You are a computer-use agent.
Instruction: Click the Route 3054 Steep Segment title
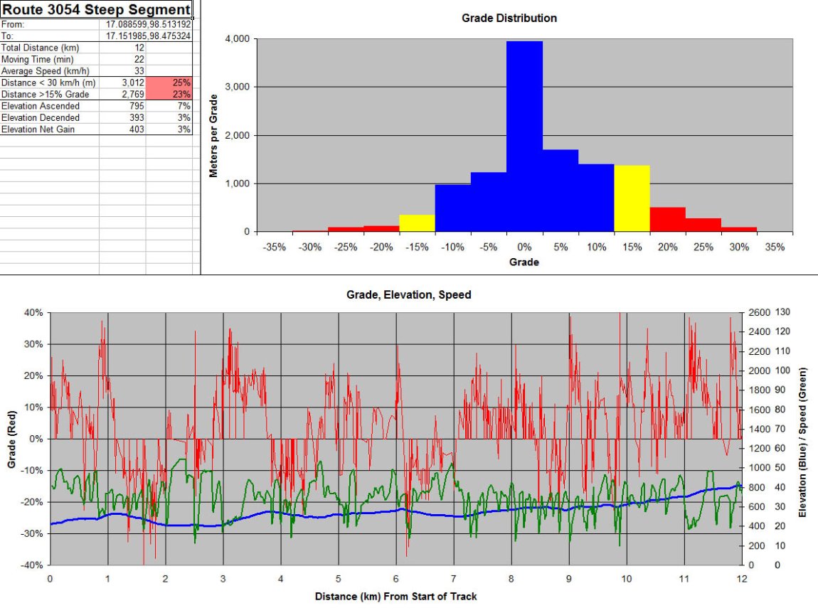tap(97, 9)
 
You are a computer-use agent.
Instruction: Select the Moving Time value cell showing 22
tap(139, 60)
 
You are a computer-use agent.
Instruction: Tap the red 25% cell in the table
tap(169, 82)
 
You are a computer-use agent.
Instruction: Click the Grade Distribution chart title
tap(509, 18)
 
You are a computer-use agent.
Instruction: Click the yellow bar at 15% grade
tap(632, 198)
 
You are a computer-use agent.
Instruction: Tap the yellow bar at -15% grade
tap(417, 223)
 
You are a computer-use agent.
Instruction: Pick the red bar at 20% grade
tap(667, 220)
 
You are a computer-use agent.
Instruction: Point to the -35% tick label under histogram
tap(274, 247)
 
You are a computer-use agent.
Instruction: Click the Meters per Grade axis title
tap(213, 136)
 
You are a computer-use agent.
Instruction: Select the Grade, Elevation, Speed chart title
tap(408, 294)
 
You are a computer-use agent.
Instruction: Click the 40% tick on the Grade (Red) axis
tap(33, 312)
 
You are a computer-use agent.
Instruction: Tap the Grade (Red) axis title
tap(11, 438)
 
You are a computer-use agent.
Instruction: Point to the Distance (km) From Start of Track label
tap(396, 597)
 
